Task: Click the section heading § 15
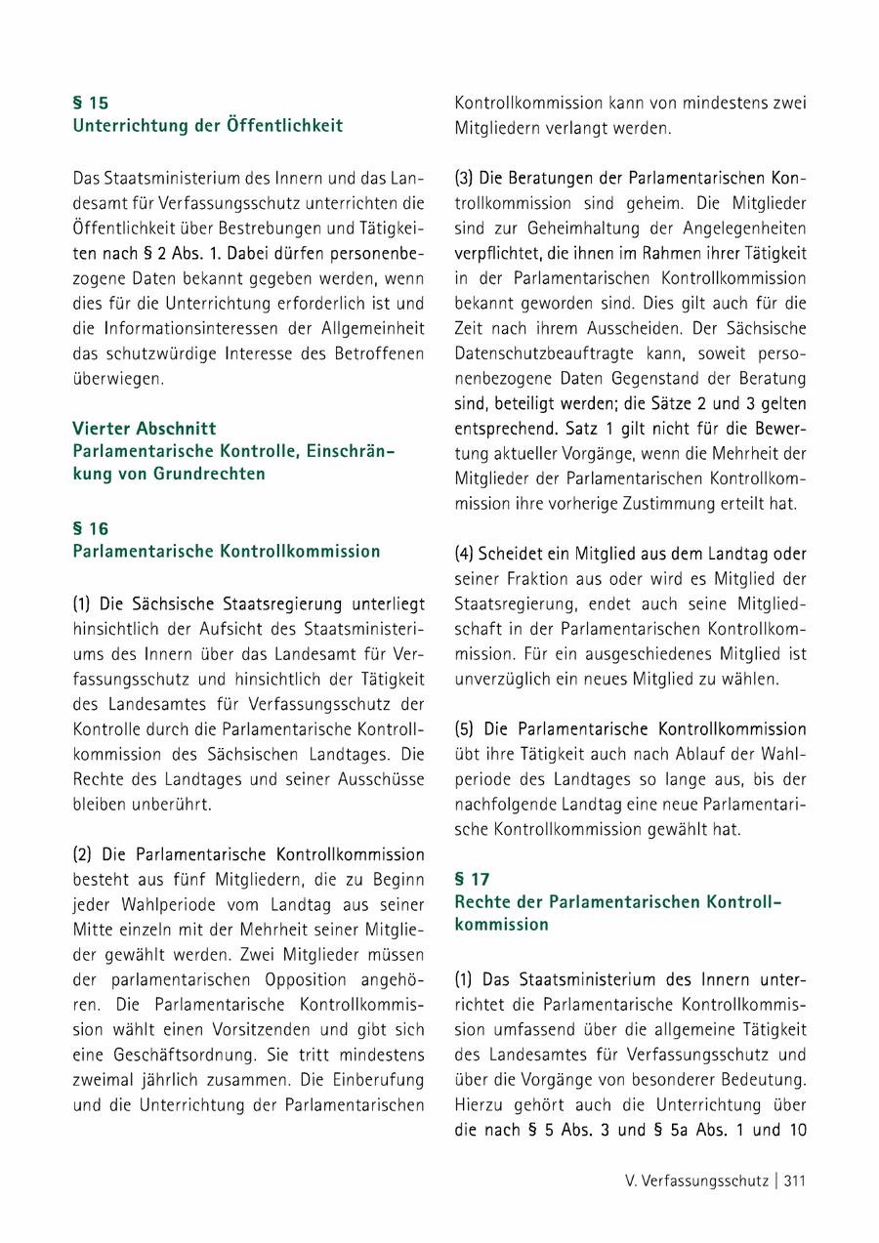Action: [x=91, y=103]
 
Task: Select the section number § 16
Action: [x=91, y=528]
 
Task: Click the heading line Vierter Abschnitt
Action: [x=145, y=428]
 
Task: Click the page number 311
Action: [x=794, y=1181]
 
